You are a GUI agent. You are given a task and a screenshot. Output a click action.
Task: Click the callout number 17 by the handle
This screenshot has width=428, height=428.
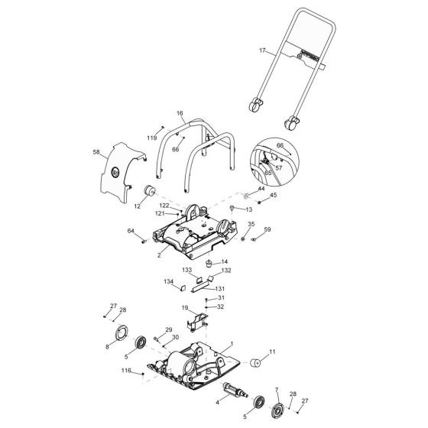(x=261, y=51)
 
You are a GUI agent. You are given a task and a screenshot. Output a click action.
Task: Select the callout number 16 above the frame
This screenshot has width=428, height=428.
(x=180, y=112)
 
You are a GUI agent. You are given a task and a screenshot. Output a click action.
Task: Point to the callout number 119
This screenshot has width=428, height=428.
(x=152, y=138)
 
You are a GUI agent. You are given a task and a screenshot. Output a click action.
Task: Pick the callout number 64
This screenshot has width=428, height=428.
(x=131, y=231)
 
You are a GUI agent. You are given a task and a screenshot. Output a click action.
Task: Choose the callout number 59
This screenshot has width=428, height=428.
(x=267, y=229)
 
